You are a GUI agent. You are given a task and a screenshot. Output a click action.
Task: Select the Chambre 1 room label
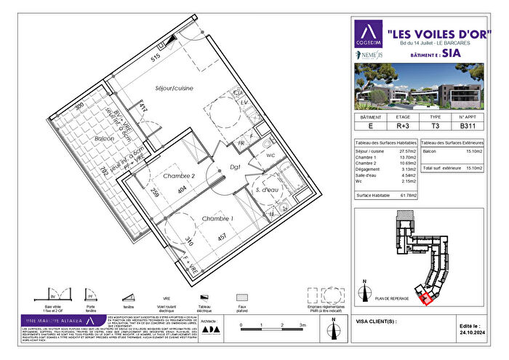pyautogui.click(x=217, y=219)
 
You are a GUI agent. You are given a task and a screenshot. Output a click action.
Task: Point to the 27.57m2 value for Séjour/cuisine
pyautogui.click(x=404, y=152)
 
